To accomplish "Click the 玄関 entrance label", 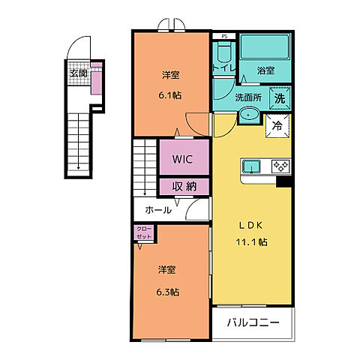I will pos(79,73).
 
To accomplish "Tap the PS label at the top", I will pos(223,35).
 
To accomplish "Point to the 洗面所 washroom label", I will pos(248,97).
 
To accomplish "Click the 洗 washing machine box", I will pos(279,97).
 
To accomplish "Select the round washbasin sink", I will pos(248,116).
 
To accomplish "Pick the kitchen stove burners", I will pos(280,166).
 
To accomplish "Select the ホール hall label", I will pos(158,209).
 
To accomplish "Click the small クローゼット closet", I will pos(142,232).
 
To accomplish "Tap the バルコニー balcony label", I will pos(254,323).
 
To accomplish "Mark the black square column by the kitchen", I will pos(283,181).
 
